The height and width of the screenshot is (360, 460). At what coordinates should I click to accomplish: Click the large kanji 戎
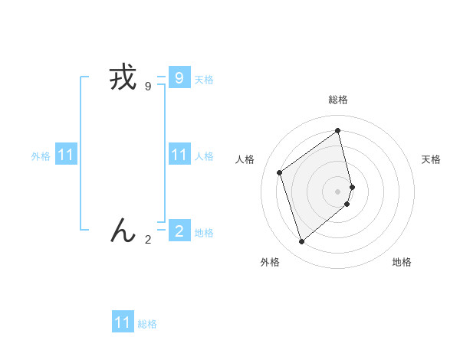click(x=123, y=78)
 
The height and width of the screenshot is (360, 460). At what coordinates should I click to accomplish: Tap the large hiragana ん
click(x=123, y=230)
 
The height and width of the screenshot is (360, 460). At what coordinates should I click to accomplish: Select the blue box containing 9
click(x=179, y=77)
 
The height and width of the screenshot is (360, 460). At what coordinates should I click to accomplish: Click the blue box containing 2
click(x=179, y=230)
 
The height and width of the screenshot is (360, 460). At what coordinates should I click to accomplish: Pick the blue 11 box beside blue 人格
click(x=179, y=155)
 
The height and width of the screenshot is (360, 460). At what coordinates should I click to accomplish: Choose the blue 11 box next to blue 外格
click(x=66, y=155)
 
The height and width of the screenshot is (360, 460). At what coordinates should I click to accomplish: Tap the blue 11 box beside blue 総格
click(x=123, y=322)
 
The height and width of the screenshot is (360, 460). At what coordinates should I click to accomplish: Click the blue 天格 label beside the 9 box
click(x=204, y=79)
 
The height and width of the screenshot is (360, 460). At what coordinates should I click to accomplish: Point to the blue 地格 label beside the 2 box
click(x=204, y=233)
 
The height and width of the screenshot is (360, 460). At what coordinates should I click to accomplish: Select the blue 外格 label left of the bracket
click(x=41, y=156)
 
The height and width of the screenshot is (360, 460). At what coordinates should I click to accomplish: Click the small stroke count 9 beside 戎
click(x=148, y=87)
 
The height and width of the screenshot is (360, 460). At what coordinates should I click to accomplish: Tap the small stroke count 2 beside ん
click(x=148, y=240)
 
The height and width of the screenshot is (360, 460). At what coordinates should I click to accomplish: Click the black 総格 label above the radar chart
click(x=338, y=100)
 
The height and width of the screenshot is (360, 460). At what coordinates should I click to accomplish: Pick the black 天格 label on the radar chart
click(x=431, y=159)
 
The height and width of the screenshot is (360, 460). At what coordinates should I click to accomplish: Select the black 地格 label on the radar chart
click(x=402, y=263)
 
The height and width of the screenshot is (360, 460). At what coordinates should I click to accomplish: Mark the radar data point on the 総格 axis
click(x=338, y=130)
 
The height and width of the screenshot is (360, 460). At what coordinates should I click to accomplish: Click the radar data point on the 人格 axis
click(x=280, y=172)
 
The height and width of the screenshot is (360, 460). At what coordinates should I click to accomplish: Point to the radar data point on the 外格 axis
click(x=302, y=242)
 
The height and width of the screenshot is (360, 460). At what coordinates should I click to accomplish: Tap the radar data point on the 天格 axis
click(x=353, y=186)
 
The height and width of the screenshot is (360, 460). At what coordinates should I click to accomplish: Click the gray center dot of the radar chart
click(x=338, y=191)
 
